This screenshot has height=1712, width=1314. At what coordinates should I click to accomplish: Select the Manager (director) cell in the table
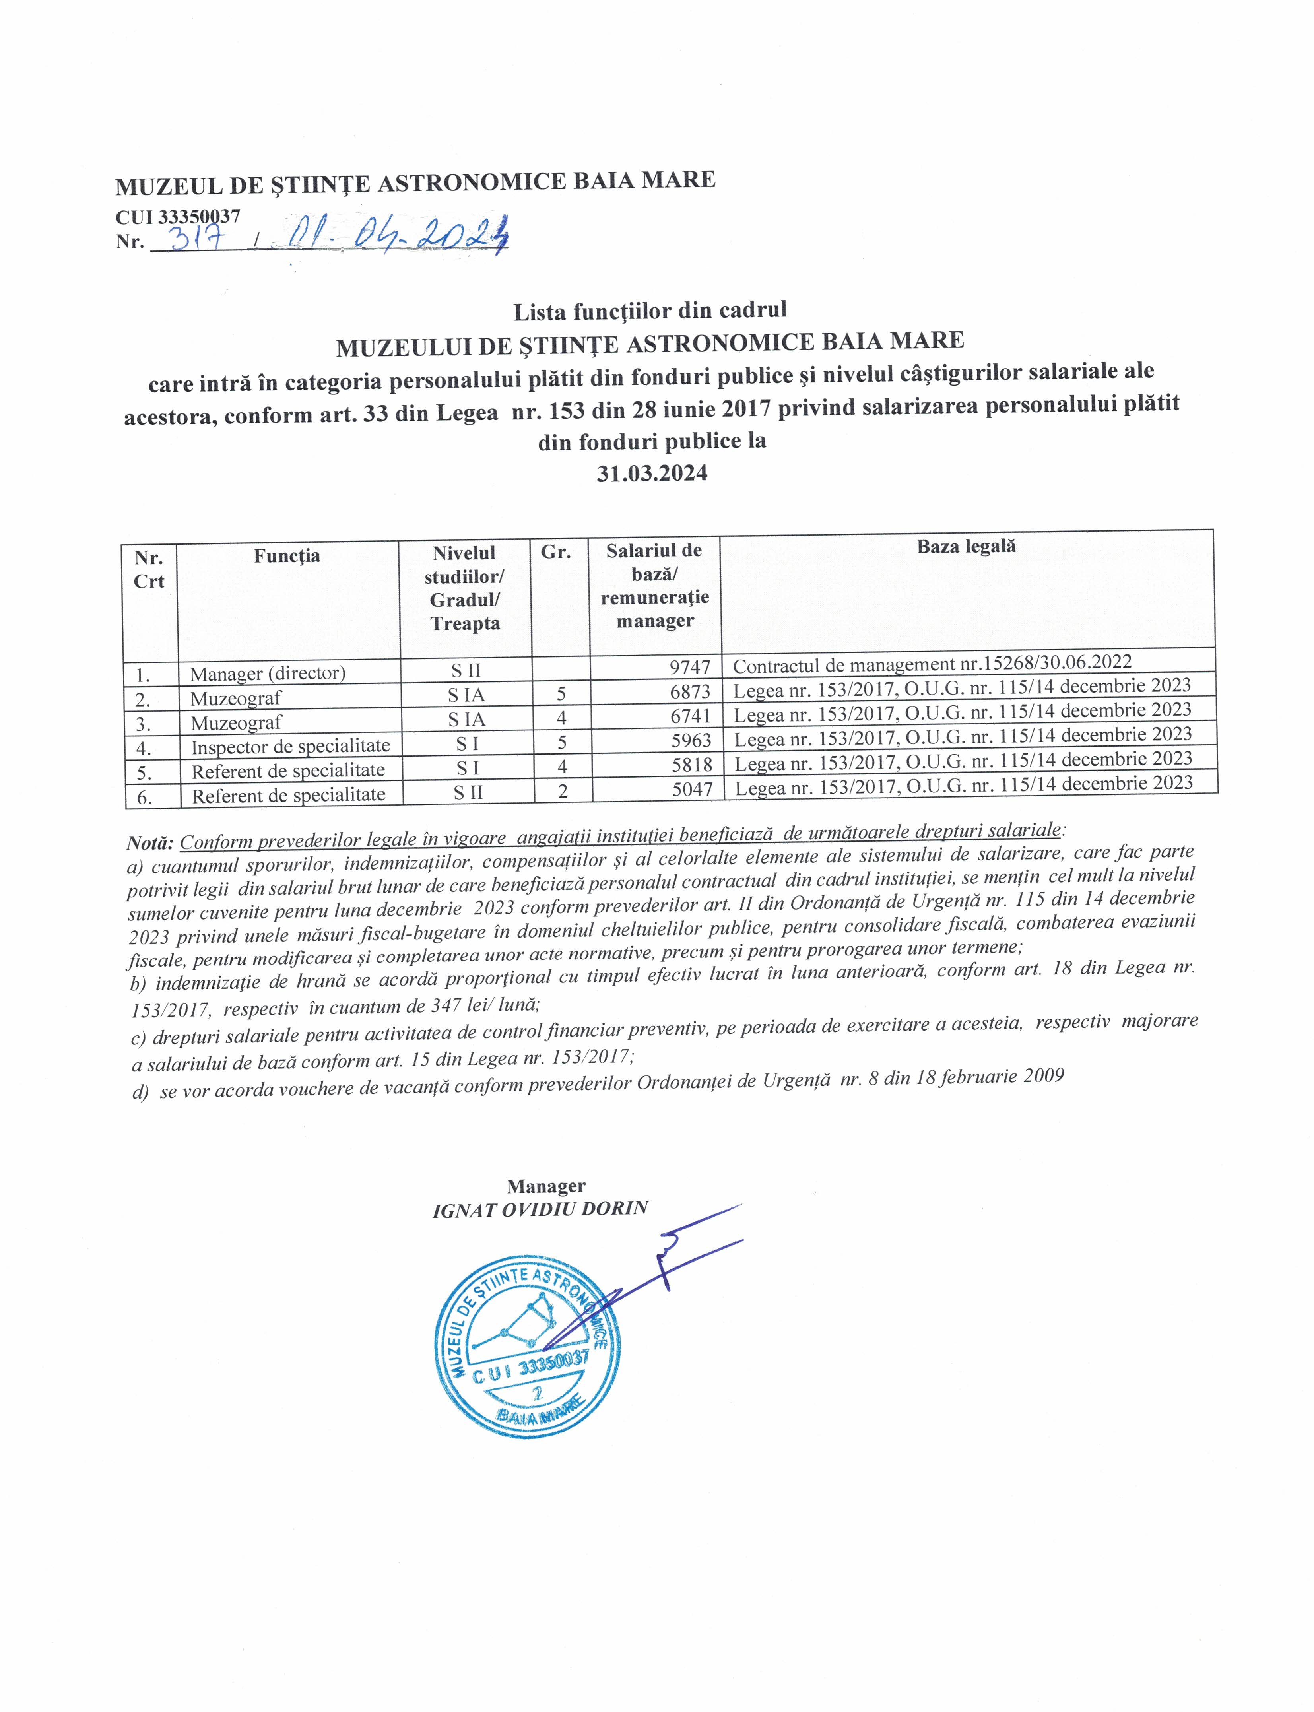(268, 673)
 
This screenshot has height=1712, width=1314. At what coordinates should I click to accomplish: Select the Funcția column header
(287, 556)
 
